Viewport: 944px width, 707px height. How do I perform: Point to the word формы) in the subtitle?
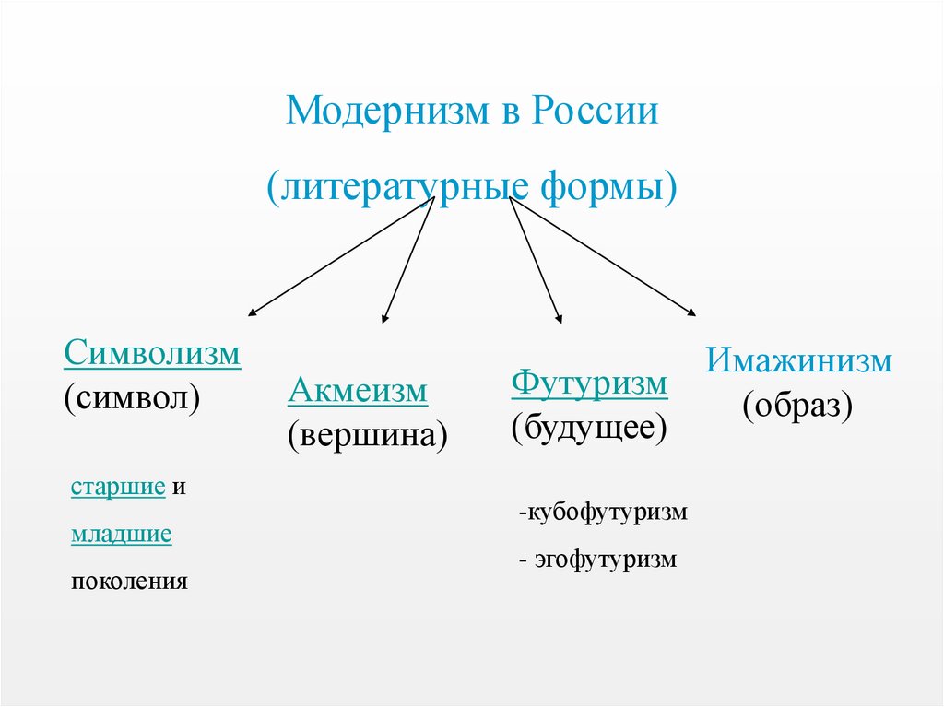[608, 187]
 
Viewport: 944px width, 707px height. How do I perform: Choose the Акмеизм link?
[358, 390]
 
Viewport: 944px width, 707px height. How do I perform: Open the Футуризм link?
[589, 383]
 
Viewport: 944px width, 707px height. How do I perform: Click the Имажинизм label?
[798, 360]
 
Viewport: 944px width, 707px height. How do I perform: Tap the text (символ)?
[132, 398]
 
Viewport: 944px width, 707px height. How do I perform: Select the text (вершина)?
[368, 435]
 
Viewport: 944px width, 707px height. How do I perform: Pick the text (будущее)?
[589, 429]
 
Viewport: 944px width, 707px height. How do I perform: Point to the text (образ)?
[797, 406]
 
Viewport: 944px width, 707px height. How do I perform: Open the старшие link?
[118, 487]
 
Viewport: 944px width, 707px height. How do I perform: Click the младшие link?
[122, 534]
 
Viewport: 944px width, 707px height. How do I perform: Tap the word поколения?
[129, 582]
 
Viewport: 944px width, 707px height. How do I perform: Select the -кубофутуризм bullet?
[603, 513]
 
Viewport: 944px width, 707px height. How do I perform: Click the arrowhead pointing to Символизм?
[252, 312]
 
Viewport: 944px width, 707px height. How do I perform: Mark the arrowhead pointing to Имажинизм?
[692, 312]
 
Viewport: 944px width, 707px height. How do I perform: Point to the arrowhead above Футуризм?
[560, 319]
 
